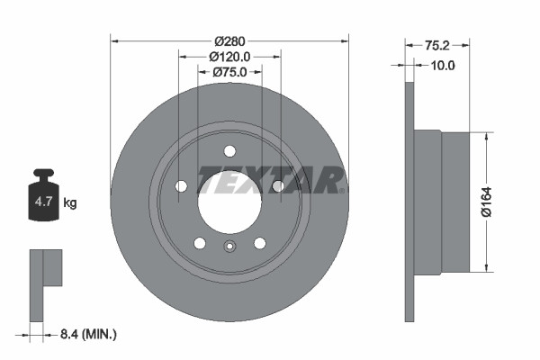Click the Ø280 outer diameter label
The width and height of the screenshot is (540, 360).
click(x=229, y=41)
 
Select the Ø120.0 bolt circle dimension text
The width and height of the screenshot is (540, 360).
click(x=229, y=56)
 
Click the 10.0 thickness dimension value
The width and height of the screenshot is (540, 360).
click(x=443, y=65)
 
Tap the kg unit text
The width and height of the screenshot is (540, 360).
click(x=69, y=203)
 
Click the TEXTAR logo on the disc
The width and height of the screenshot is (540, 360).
click(x=270, y=180)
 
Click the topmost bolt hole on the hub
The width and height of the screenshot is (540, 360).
click(x=229, y=150)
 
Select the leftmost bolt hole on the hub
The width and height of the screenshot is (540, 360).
click(x=181, y=186)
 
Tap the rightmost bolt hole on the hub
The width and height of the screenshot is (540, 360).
click(x=277, y=186)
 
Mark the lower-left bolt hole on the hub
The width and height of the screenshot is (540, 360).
click(x=199, y=243)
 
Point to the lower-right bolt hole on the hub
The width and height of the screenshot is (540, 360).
click(x=259, y=243)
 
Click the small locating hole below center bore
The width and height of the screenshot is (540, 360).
click(x=229, y=249)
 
